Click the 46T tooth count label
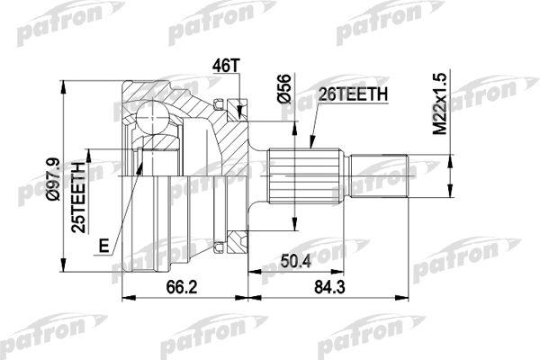pos(226,66)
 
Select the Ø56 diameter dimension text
pos(284,88)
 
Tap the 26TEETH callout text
pos(354,94)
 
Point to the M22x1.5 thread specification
pos(440,103)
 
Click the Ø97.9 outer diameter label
pos(53,179)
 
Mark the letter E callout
pos(103,246)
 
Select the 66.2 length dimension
pos(182,286)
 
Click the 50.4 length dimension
pos(295,261)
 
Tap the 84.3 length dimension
pos(329,286)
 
